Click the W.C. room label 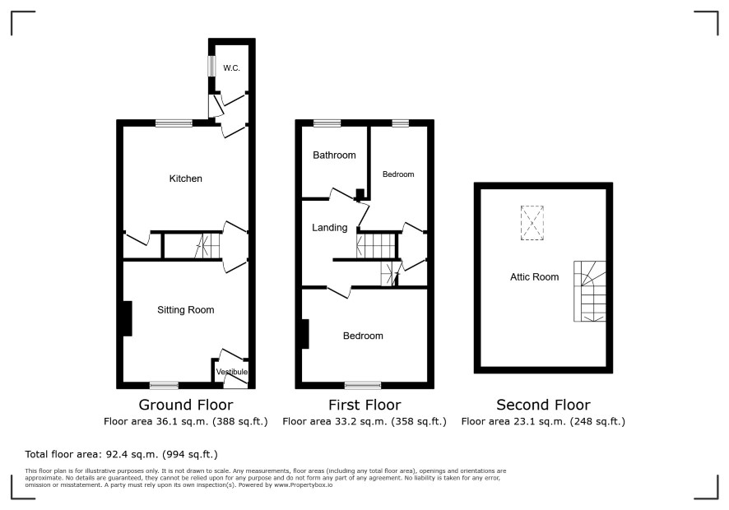pyautogui.click(x=231, y=68)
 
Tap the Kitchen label pyautogui.click(x=185, y=178)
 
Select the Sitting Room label pyautogui.click(x=185, y=310)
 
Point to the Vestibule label pyautogui.click(x=231, y=372)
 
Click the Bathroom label pyautogui.click(x=334, y=155)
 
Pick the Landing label pyautogui.click(x=330, y=228)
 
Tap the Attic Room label pyautogui.click(x=534, y=277)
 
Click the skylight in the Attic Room pyautogui.click(x=532, y=223)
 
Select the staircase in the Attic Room pyautogui.click(x=589, y=291)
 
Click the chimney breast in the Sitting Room pyautogui.click(x=127, y=318)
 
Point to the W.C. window pyautogui.click(x=212, y=66)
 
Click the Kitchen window pyautogui.click(x=174, y=123)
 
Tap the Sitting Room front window pyautogui.click(x=164, y=386)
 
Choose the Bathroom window pyautogui.click(x=327, y=123)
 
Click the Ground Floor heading pyautogui.click(x=186, y=405)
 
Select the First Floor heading pyautogui.click(x=364, y=405)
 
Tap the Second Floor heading pyautogui.click(x=544, y=405)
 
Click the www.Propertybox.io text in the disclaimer pyautogui.click(x=303, y=484)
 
